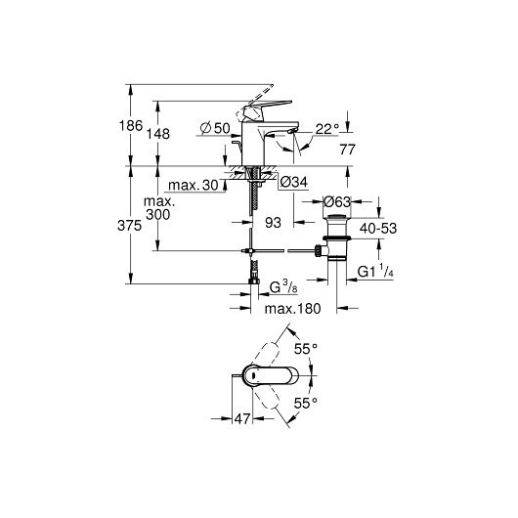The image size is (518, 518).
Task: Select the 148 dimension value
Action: (x=172, y=133)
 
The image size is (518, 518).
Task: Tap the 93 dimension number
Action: (x=274, y=224)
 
